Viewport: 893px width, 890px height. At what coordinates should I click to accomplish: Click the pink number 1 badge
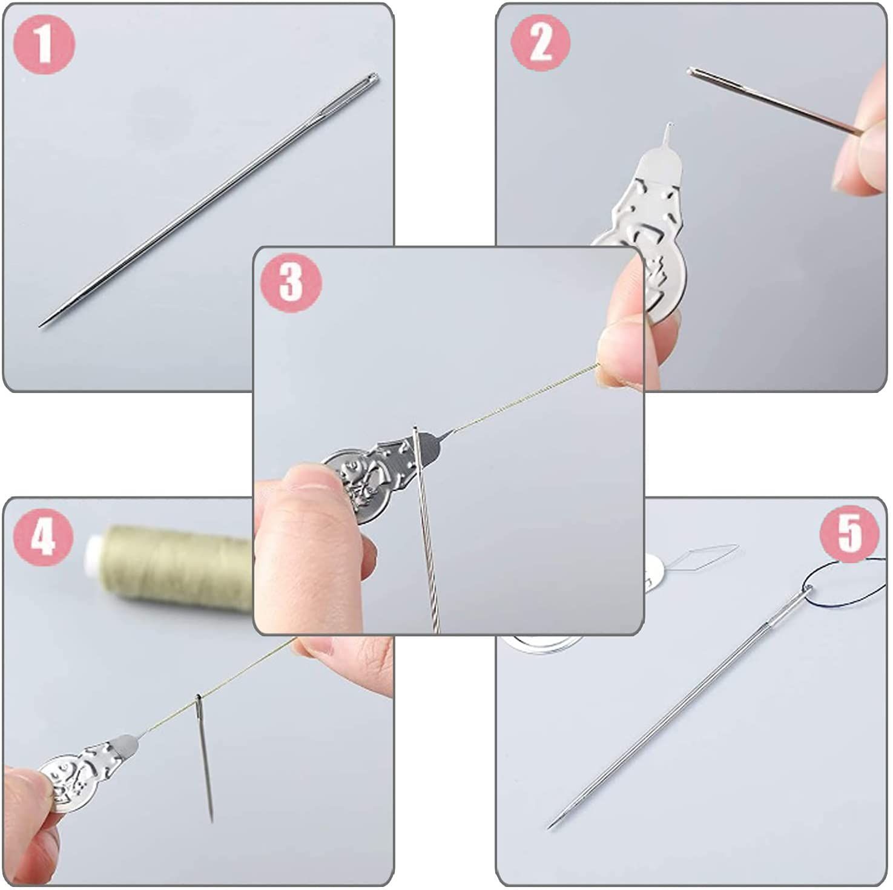pos(44,44)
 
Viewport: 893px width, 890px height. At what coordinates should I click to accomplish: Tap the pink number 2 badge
pos(541,42)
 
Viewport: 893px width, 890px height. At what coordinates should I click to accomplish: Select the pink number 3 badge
pos(291,282)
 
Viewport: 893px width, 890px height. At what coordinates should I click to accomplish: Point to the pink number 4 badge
pos(43,536)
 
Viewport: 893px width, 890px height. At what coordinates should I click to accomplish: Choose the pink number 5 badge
pos(849,533)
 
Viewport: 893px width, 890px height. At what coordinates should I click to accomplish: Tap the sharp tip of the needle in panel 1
pos(41,326)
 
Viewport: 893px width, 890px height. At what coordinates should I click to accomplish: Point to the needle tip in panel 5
pos(550,827)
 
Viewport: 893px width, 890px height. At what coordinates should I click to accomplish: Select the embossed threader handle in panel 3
pos(381,472)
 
